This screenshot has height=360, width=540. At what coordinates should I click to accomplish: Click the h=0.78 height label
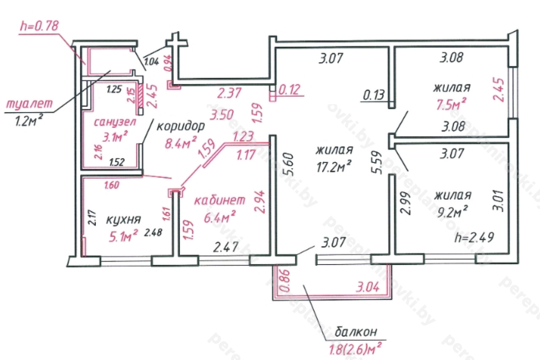pos(39,26)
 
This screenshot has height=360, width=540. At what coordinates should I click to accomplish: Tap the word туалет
pos(29,103)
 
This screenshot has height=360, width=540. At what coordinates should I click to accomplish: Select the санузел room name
pos(115,122)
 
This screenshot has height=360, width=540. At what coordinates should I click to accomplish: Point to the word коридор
pos(181,126)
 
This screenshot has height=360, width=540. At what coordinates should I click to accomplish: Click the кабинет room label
pos(220,200)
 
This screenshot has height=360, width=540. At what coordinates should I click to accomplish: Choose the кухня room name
pos(124,220)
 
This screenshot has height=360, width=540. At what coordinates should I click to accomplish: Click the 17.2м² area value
pos(334,167)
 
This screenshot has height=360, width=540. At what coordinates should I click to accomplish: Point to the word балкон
pos(356,332)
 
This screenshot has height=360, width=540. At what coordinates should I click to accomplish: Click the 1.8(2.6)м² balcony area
pos(355,348)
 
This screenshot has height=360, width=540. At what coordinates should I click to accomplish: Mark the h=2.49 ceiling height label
pos(474,237)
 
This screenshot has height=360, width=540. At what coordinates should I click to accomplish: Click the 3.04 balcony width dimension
pos(367,287)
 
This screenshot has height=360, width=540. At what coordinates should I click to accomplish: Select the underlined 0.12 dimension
pos(289,89)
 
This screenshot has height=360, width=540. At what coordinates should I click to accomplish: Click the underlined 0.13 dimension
pos(374,95)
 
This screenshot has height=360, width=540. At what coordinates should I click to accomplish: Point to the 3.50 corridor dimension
pos(222,115)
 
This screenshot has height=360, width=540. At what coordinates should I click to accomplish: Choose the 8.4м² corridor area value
pos(181,143)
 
